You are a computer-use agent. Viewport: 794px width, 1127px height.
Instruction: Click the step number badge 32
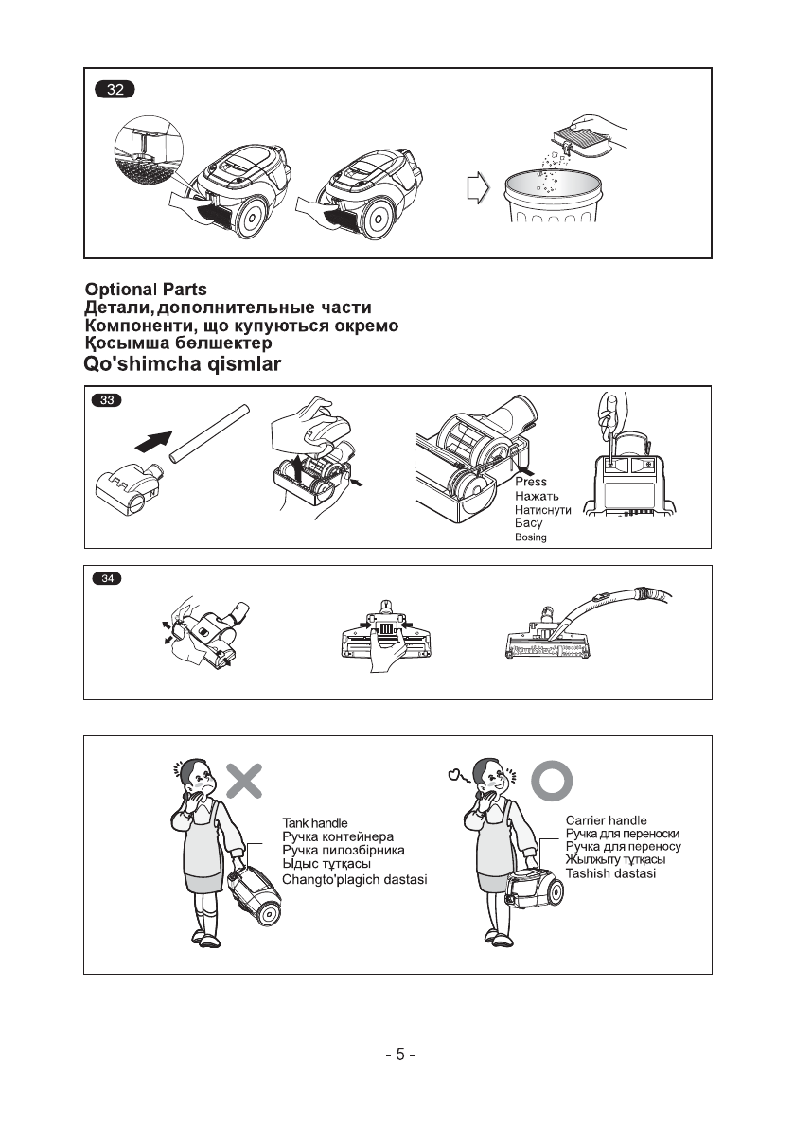pos(115,91)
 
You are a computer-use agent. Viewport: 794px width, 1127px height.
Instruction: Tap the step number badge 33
pos(110,400)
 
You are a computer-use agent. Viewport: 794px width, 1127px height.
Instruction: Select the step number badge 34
pos(110,579)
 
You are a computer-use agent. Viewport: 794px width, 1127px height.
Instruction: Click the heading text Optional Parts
pos(146,290)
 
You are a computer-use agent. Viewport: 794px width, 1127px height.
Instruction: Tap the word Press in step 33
pos(531,482)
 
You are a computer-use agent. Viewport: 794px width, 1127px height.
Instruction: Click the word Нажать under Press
pos(538,496)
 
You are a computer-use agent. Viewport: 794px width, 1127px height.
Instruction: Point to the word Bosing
pos(530,537)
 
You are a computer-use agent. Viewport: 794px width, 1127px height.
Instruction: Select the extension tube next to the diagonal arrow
pos(209,432)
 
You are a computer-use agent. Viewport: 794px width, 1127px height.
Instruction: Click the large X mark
pos(244,779)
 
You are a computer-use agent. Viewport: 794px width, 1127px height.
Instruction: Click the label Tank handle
pos(315,823)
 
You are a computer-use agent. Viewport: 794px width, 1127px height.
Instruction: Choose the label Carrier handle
pos(606,820)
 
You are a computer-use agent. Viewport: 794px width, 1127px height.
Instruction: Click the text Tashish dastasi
pos(610,873)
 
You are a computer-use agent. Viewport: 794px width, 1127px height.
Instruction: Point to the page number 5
pos(399,1054)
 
